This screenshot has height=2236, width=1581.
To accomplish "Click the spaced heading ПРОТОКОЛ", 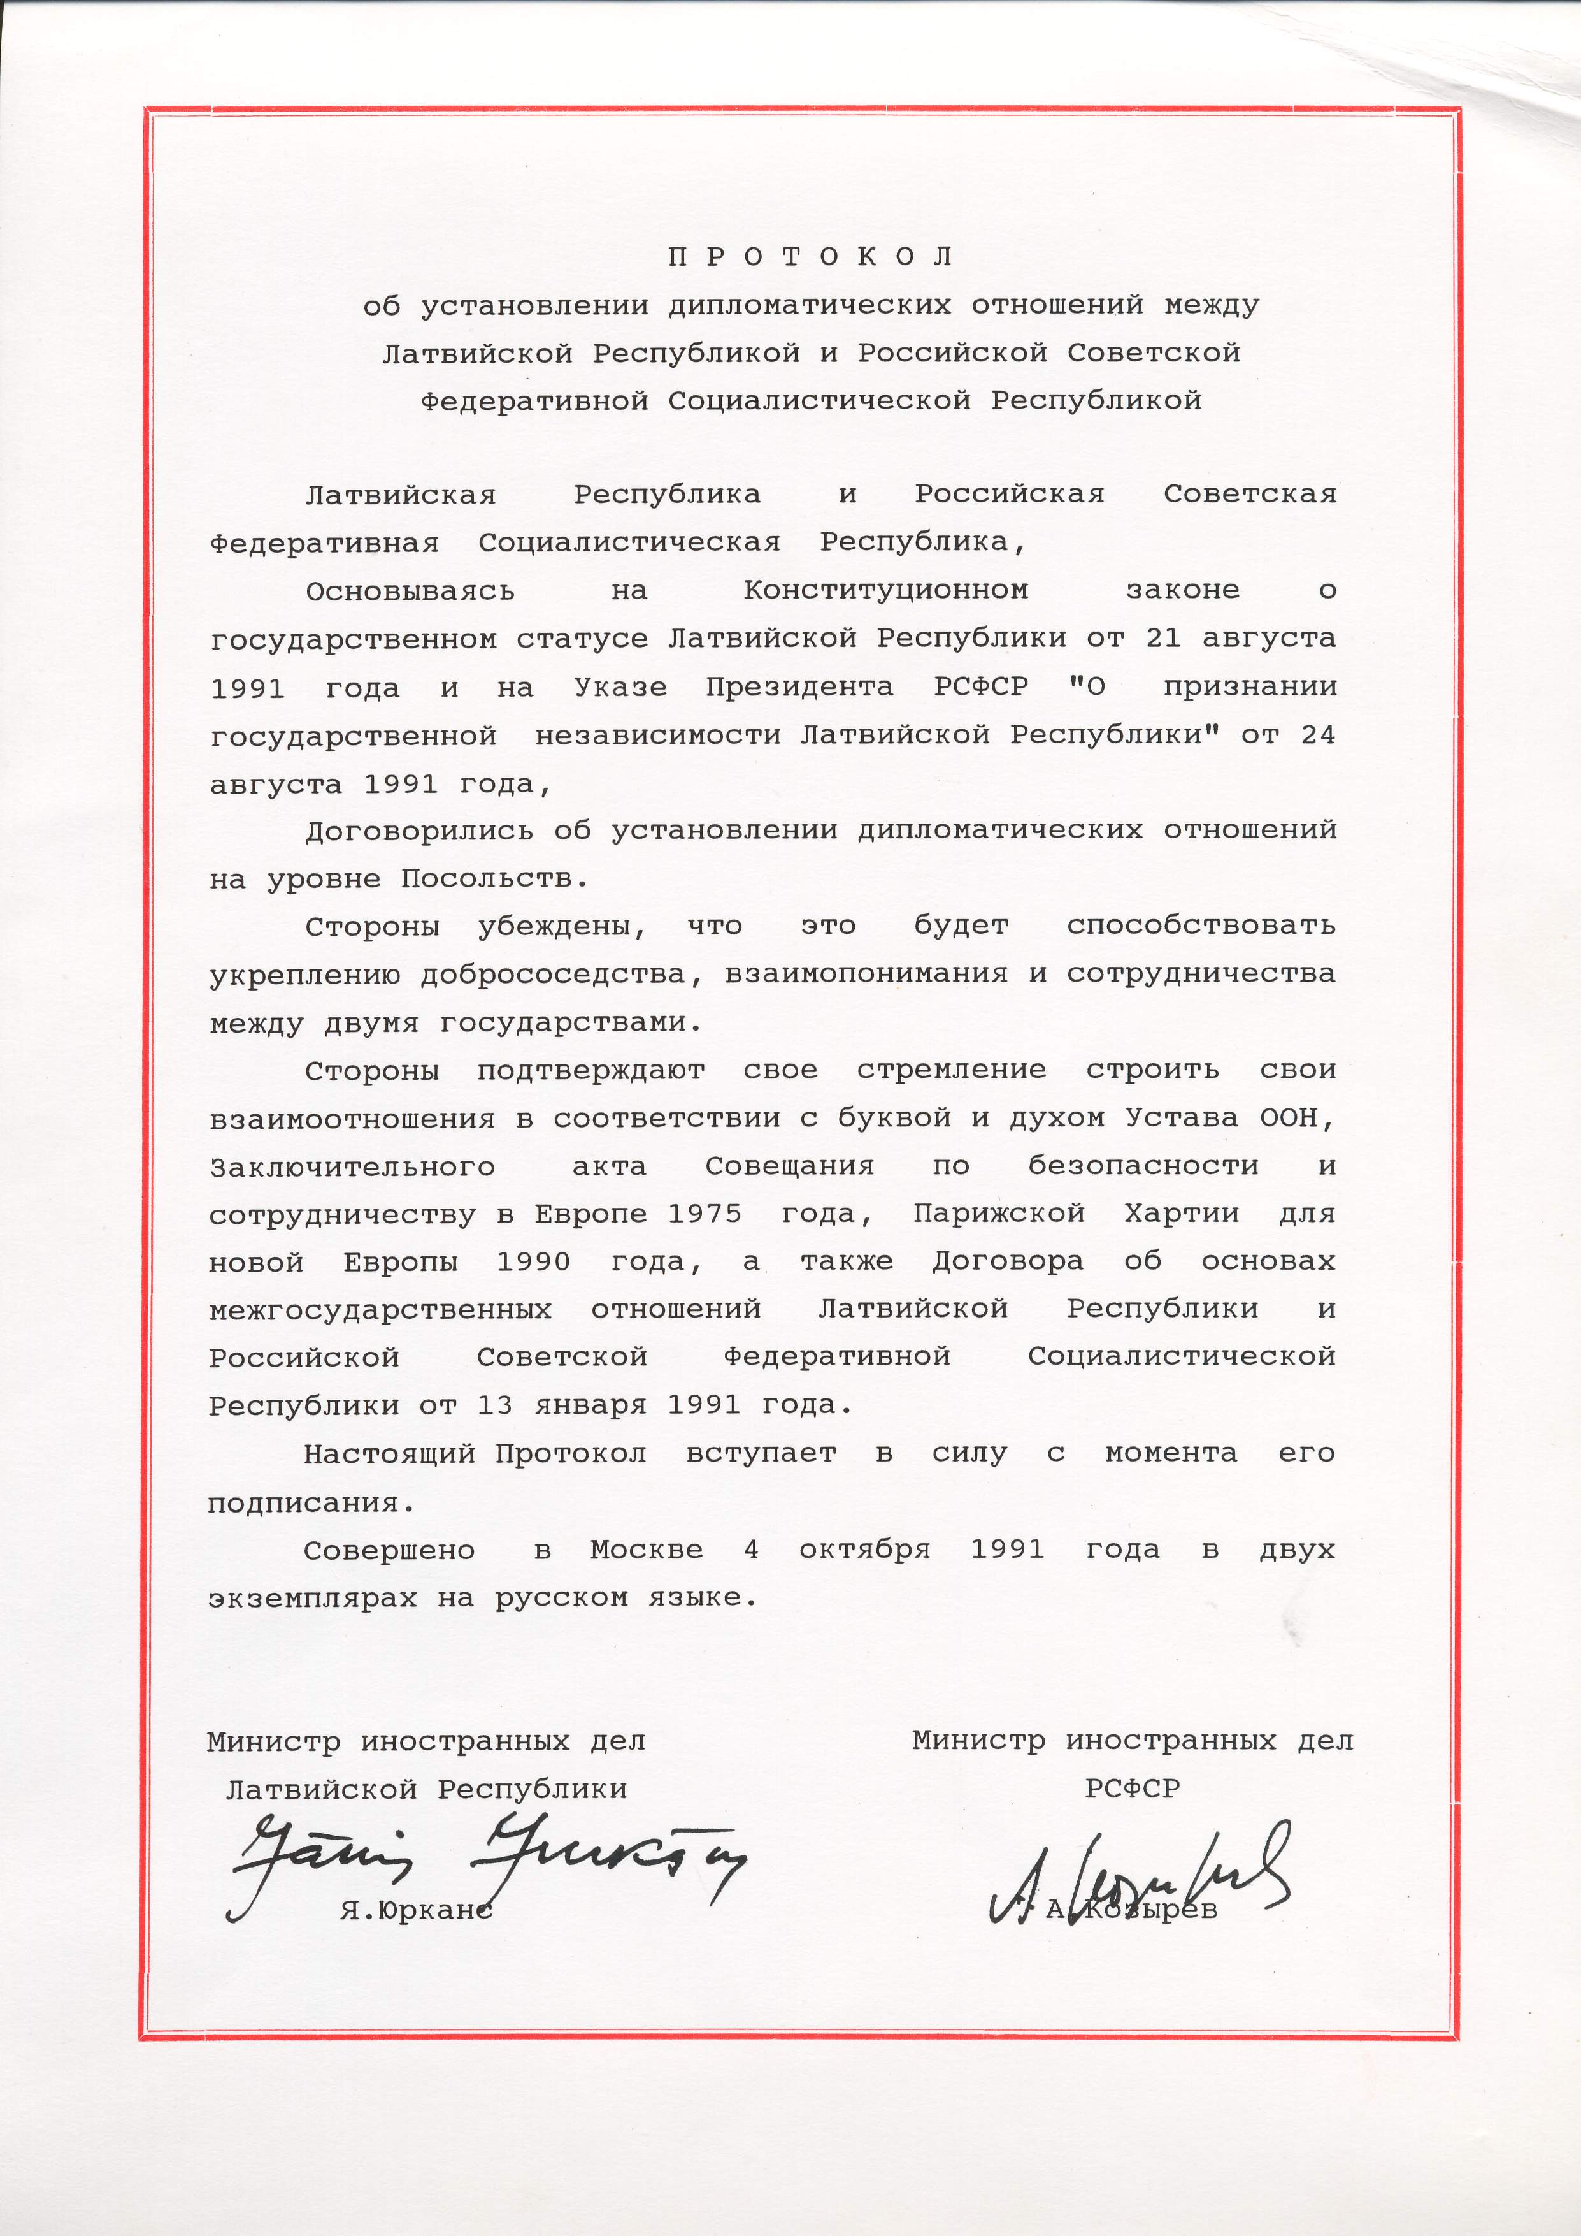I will coord(810,257).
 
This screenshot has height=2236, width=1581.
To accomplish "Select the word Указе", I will coord(620,688).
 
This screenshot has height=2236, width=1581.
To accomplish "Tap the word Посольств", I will coord(494,880).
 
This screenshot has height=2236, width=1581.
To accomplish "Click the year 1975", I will coord(705,1214).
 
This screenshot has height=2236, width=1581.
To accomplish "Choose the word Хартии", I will coord(1181,1214).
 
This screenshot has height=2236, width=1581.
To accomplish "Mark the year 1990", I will coord(534,1262).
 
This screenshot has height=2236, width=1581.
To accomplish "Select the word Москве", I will coord(647,1550).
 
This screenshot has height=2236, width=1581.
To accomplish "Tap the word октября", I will coord(864,1550).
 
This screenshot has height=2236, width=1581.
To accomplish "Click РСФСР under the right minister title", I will coord(1132,1789).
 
